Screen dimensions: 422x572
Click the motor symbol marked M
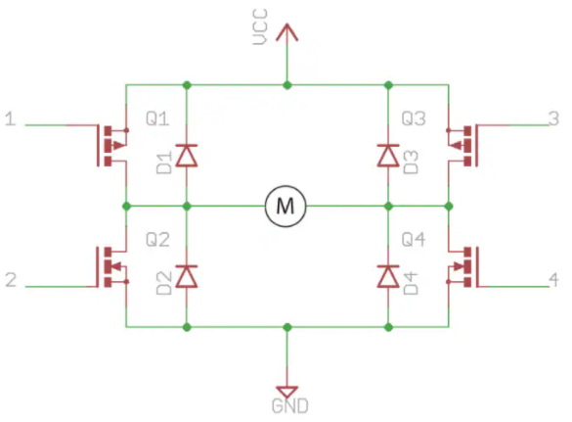(x=286, y=206)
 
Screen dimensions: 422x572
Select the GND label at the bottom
(x=287, y=404)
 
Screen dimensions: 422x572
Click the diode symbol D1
(x=186, y=154)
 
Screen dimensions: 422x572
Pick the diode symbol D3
(x=388, y=154)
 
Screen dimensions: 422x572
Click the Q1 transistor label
(x=156, y=119)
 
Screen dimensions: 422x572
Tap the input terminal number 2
(x=11, y=281)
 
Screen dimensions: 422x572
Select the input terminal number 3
(x=554, y=120)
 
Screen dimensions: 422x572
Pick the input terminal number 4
(x=554, y=281)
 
